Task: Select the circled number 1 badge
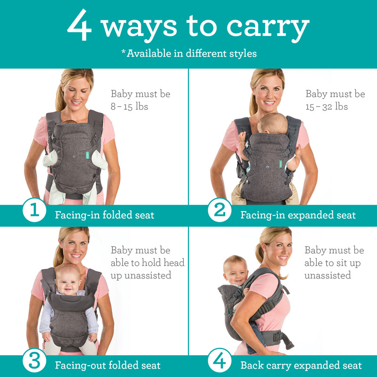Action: point(34,210)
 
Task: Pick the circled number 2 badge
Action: point(220,210)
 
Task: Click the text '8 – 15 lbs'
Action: point(130,107)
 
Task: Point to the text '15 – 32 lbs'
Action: point(327,107)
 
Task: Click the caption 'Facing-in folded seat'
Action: point(105,215)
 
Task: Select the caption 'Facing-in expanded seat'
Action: point(298,215)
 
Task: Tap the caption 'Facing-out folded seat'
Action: point(107,365)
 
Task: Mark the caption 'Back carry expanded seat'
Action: point(301,365)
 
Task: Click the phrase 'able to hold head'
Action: point(147,262)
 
